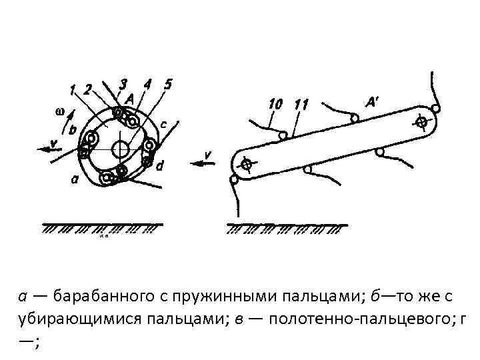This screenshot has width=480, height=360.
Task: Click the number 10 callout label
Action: click(x=275, y=104)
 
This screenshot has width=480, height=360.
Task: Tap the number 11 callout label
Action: click(x=301, y=104)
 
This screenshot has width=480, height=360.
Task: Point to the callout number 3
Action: click(x=123, y=84)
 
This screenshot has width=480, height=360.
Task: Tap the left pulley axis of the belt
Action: click(x=246, y=164)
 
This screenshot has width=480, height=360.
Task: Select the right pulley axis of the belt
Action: click(x=421, y=122)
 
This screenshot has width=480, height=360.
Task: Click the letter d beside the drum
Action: click(x=160, y=167)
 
